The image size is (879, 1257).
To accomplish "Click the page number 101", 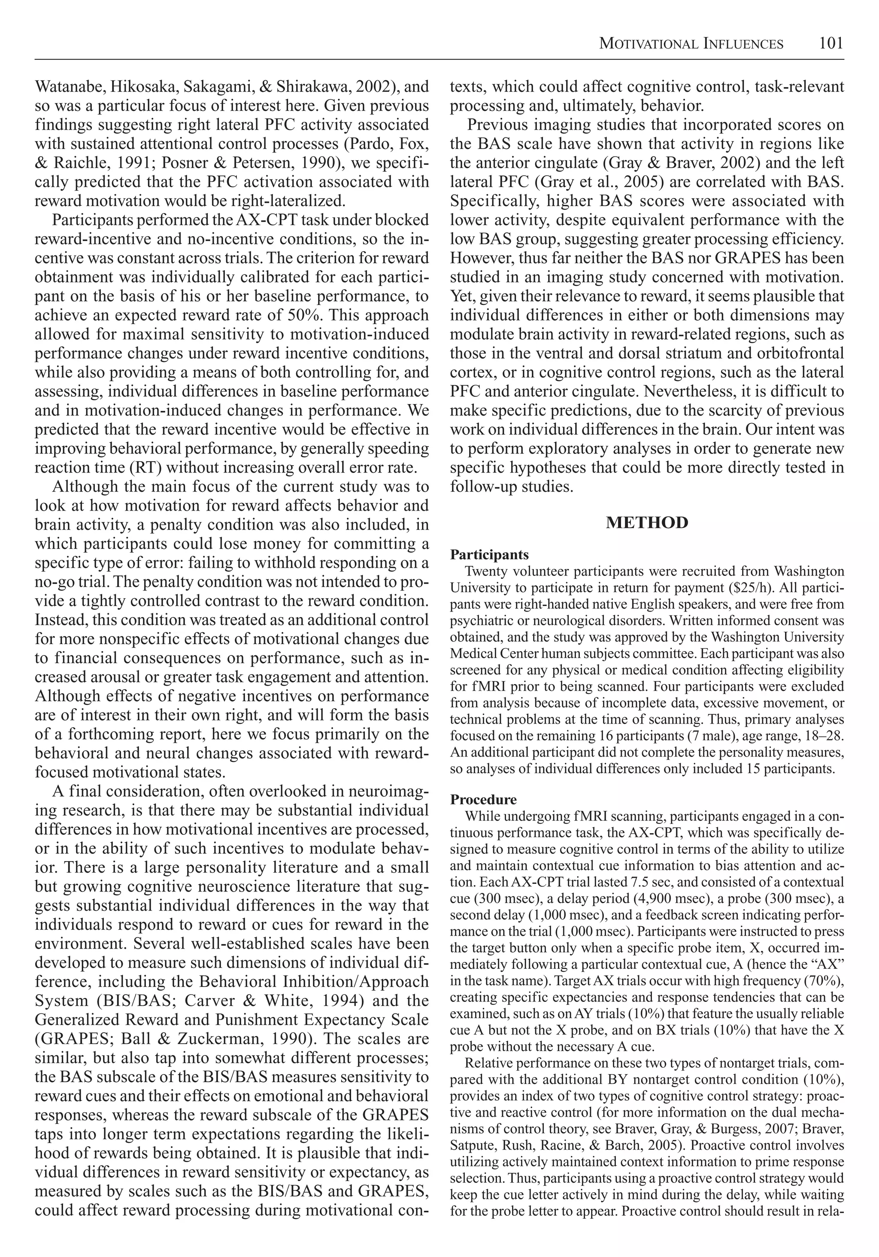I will pos(831,43).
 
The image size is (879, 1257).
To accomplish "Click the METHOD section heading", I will pos(647,522).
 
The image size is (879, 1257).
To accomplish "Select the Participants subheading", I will pos(489,554).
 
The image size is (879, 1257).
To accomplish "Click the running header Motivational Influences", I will pos(691,44).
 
